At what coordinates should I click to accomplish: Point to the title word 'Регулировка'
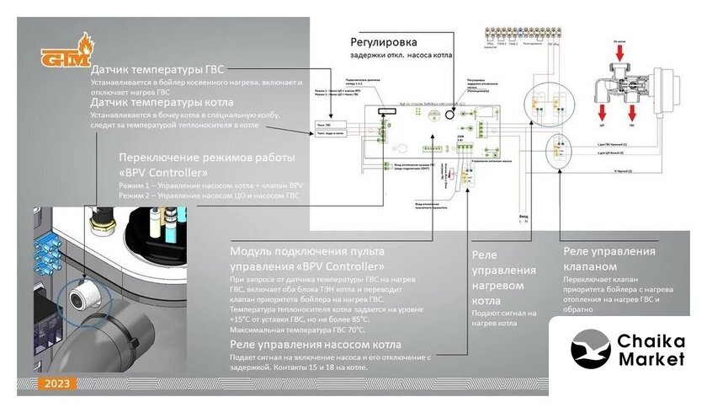coord(383,41)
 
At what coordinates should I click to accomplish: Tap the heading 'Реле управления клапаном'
coord(609,259)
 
